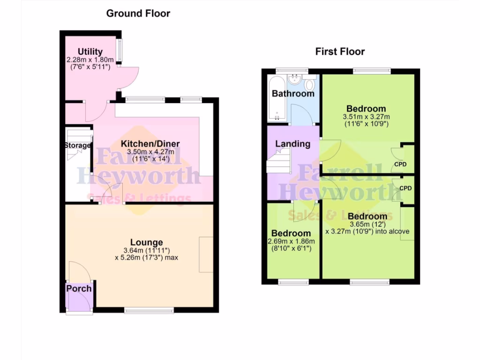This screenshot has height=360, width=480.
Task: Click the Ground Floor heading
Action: click(138, 14)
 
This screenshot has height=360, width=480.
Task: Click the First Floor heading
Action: click(340, 52)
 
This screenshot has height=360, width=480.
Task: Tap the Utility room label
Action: click(90, 52)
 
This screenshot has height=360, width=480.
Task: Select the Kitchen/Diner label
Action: click(150, 143)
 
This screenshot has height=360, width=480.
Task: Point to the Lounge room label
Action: click(146, 242)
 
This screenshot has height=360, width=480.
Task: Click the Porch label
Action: click(79, 288)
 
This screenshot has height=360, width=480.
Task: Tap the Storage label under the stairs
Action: click(77, 145)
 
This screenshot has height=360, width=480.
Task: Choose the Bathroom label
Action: click(293, 94)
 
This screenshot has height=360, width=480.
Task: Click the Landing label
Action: click(292, 144)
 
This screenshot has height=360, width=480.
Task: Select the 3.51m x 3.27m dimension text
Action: click(367, 117)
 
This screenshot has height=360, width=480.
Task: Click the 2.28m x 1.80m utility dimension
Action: click(90, 60)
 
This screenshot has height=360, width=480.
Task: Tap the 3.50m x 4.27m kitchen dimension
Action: click(150, 151)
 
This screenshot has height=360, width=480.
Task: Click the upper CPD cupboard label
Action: click(400, 165)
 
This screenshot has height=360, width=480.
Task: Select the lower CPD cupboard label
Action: click(405, 188)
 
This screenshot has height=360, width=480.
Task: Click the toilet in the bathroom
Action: click(309, 85)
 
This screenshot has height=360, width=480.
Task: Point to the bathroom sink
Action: click(295, 80)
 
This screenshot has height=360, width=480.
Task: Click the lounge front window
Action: click(150, 310)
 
